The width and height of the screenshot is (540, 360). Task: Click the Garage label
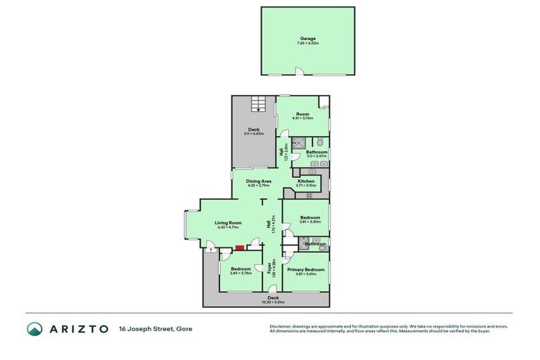pos(307,39)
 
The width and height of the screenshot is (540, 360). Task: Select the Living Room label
pos(227,223)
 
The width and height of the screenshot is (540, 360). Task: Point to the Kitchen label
pos(306,181)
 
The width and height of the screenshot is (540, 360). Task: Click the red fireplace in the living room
pos(240,247)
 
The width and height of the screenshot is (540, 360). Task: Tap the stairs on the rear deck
pos(259,106)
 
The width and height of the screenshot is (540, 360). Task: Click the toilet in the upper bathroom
pos(319,142)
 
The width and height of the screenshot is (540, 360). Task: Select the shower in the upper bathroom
pos(298,142)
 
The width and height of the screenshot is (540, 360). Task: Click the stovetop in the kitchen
pos(308,195)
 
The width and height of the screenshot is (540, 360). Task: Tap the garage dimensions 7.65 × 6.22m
pos(307,44)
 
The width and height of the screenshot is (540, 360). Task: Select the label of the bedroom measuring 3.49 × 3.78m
pos(241,269)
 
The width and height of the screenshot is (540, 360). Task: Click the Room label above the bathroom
pos(303,114)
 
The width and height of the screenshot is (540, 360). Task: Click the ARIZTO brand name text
pos(78,329)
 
